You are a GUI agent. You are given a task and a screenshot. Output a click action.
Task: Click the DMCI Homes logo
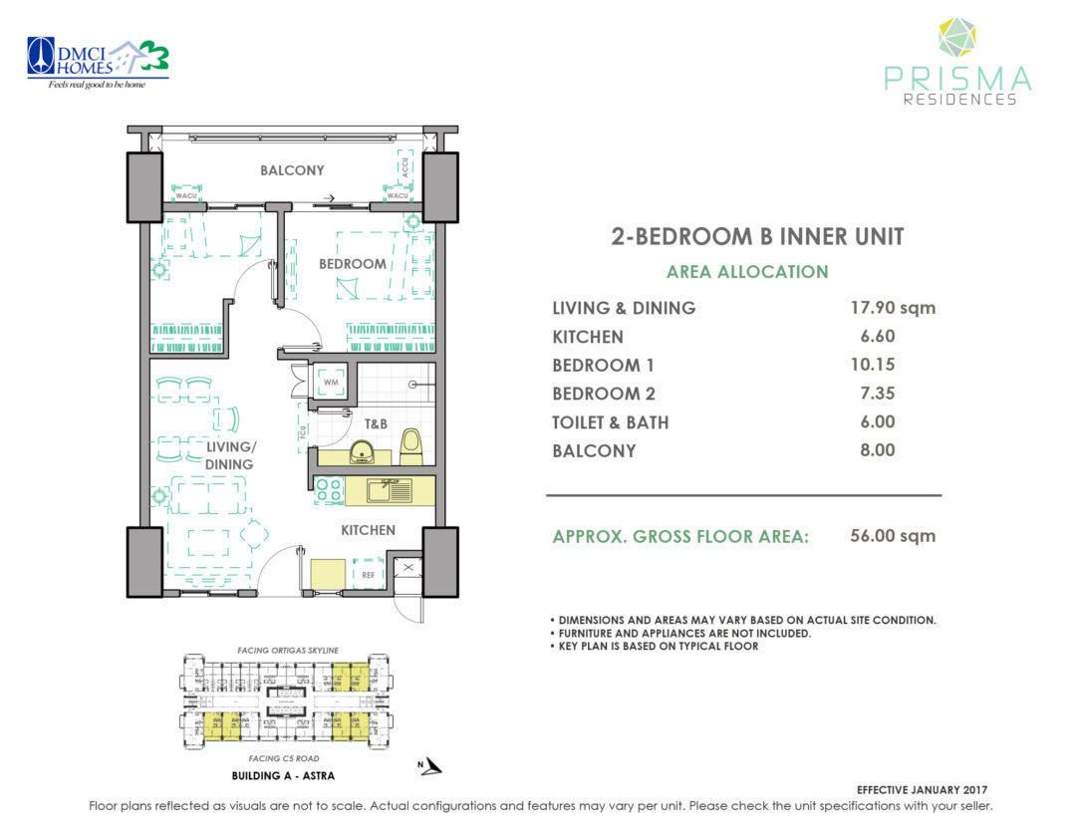pos(98,62)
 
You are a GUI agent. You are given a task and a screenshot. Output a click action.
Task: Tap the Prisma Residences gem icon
pos(957,41)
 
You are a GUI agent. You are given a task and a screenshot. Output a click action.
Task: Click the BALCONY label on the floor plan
pos(292,170)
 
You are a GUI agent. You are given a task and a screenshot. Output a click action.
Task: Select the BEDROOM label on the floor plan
pos(352,264)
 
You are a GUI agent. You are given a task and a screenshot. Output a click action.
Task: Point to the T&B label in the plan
pos(375,423)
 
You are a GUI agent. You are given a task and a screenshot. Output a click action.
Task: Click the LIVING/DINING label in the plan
pos(229,455)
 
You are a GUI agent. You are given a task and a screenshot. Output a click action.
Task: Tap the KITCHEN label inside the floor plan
pos(368,530)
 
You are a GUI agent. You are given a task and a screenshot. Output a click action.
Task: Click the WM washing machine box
pos(332,382)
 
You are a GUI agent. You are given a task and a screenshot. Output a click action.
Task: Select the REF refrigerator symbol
pos(368,574)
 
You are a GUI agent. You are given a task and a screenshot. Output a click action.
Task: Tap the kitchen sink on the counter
pos(388,489)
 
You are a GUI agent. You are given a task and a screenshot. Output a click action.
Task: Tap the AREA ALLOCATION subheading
pos(747,272)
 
